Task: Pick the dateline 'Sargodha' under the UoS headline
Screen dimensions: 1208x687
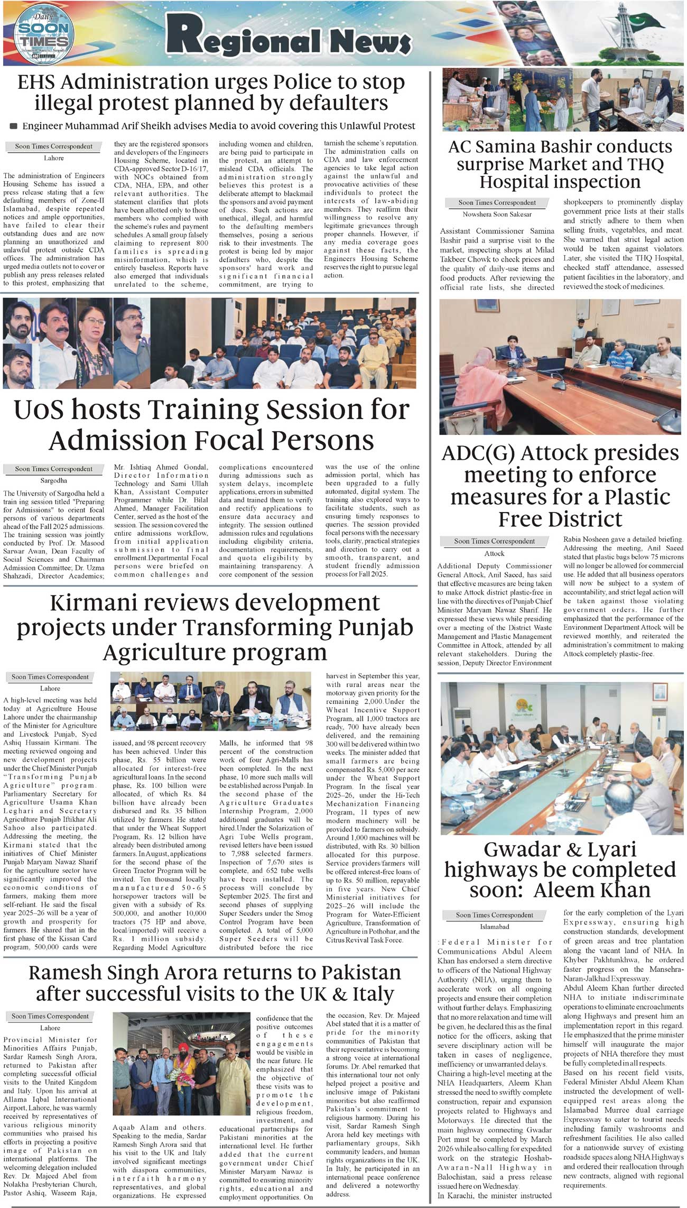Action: click(x=53, y=481)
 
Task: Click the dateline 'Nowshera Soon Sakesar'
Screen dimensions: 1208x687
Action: click(x=497, y=214)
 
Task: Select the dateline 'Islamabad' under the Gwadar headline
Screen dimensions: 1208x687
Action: click(x=494, y=926)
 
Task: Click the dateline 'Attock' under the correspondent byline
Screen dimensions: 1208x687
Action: click(x=494, y=553)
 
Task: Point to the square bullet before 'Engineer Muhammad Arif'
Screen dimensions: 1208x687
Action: click(x=14, y=126)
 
